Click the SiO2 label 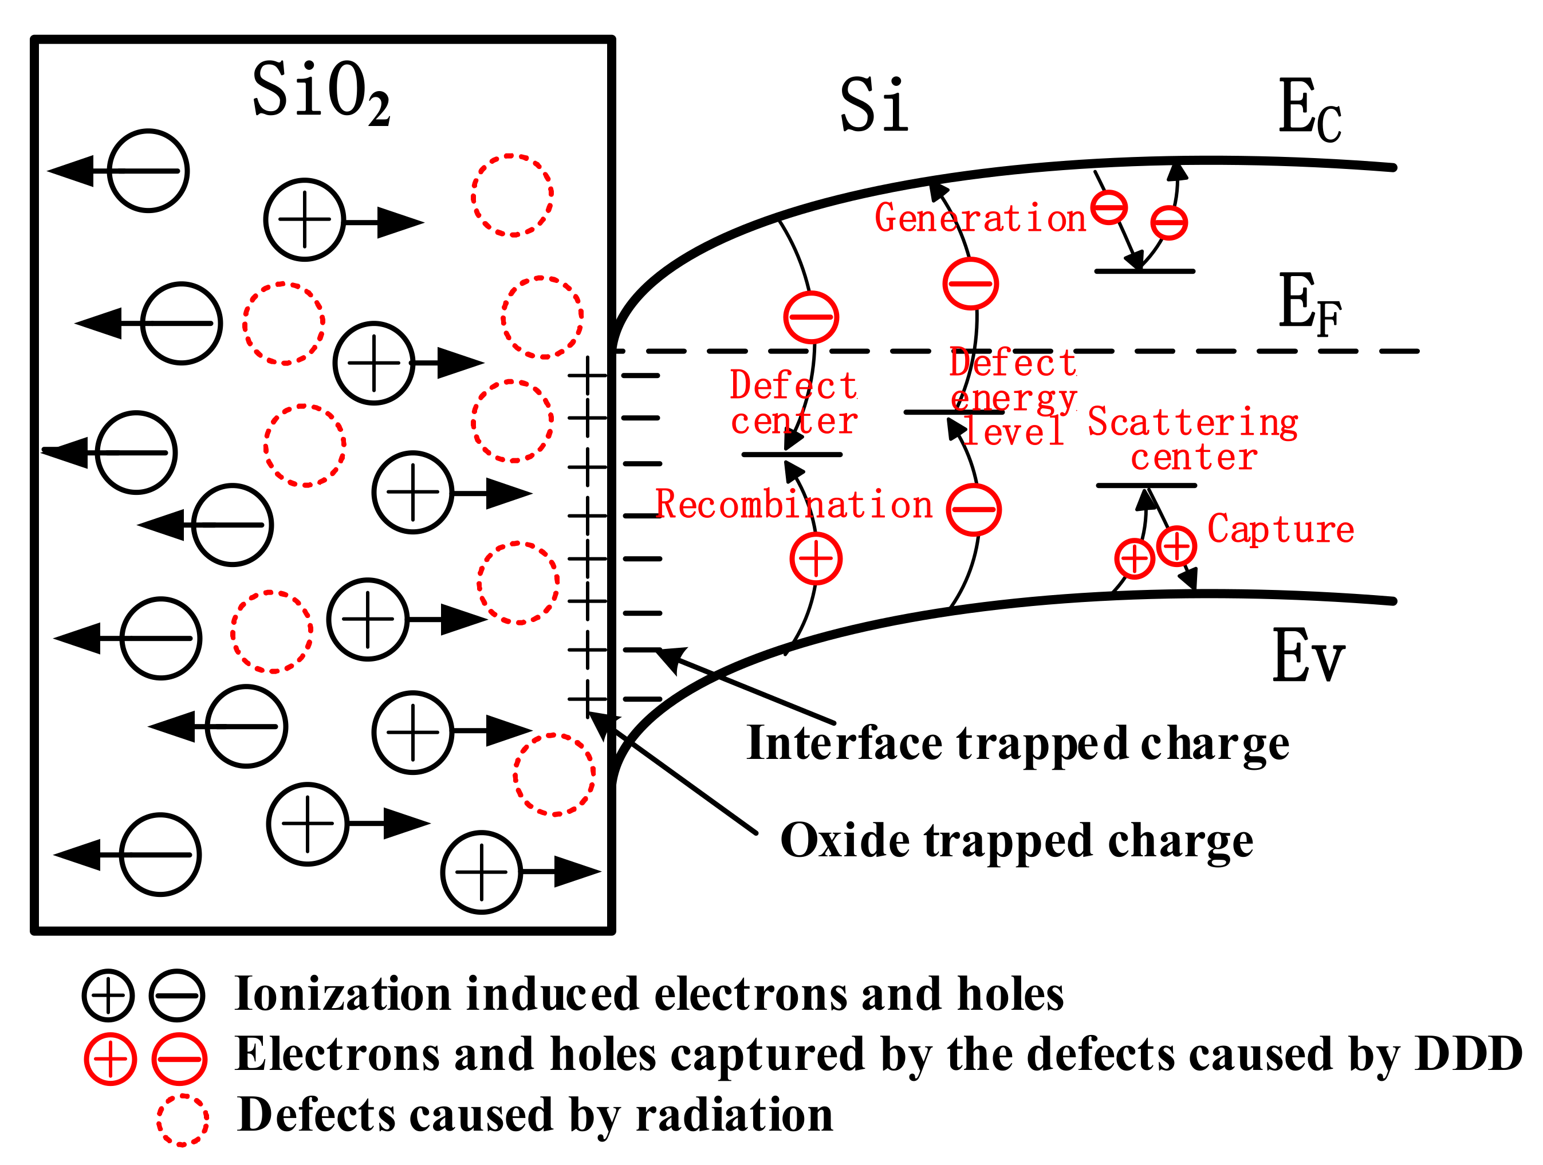[321, 90]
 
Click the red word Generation [979, 218]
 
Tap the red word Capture [1280, 529]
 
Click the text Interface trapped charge [1017, 743]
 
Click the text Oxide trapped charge [1015, 841]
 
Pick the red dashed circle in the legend [182, 1120]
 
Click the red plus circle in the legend [110, 1059]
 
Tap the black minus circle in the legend [177, 995]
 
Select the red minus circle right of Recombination [974, 509]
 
